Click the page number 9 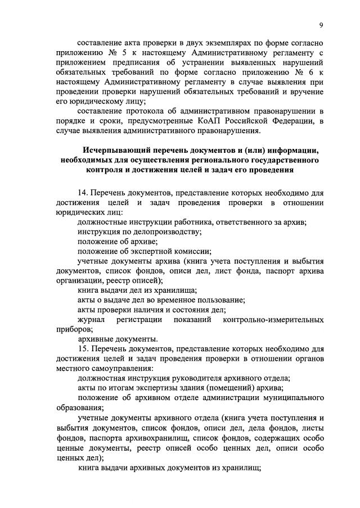click(x=320, y=25)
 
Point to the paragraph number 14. click(x=84, y=193)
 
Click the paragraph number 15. click(x=84, y=350)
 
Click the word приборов click(x=74, y=329)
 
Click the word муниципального click(x=295, y=398)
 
